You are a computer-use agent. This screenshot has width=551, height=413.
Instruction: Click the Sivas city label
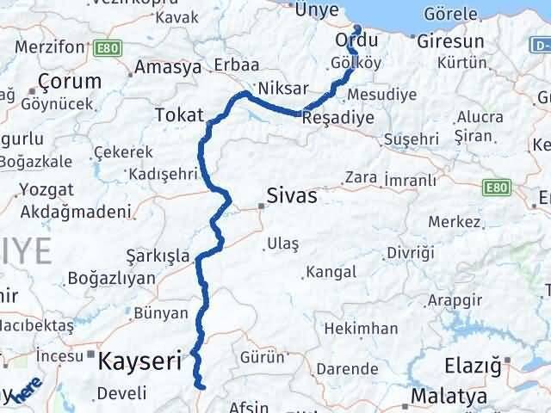click(x=293, y=196)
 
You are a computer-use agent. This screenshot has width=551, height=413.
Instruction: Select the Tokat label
click(x=179, y=114)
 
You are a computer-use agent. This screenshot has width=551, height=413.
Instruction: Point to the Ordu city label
click(x=356, y=40)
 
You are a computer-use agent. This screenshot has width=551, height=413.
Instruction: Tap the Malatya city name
click(x=449, y=397)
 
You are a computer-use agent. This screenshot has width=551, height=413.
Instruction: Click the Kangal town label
click(x=331, y=272)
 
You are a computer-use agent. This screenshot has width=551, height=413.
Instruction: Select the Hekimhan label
click(x=362, y=328)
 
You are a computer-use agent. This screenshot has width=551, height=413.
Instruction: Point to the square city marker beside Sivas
click(x=261, y=206)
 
